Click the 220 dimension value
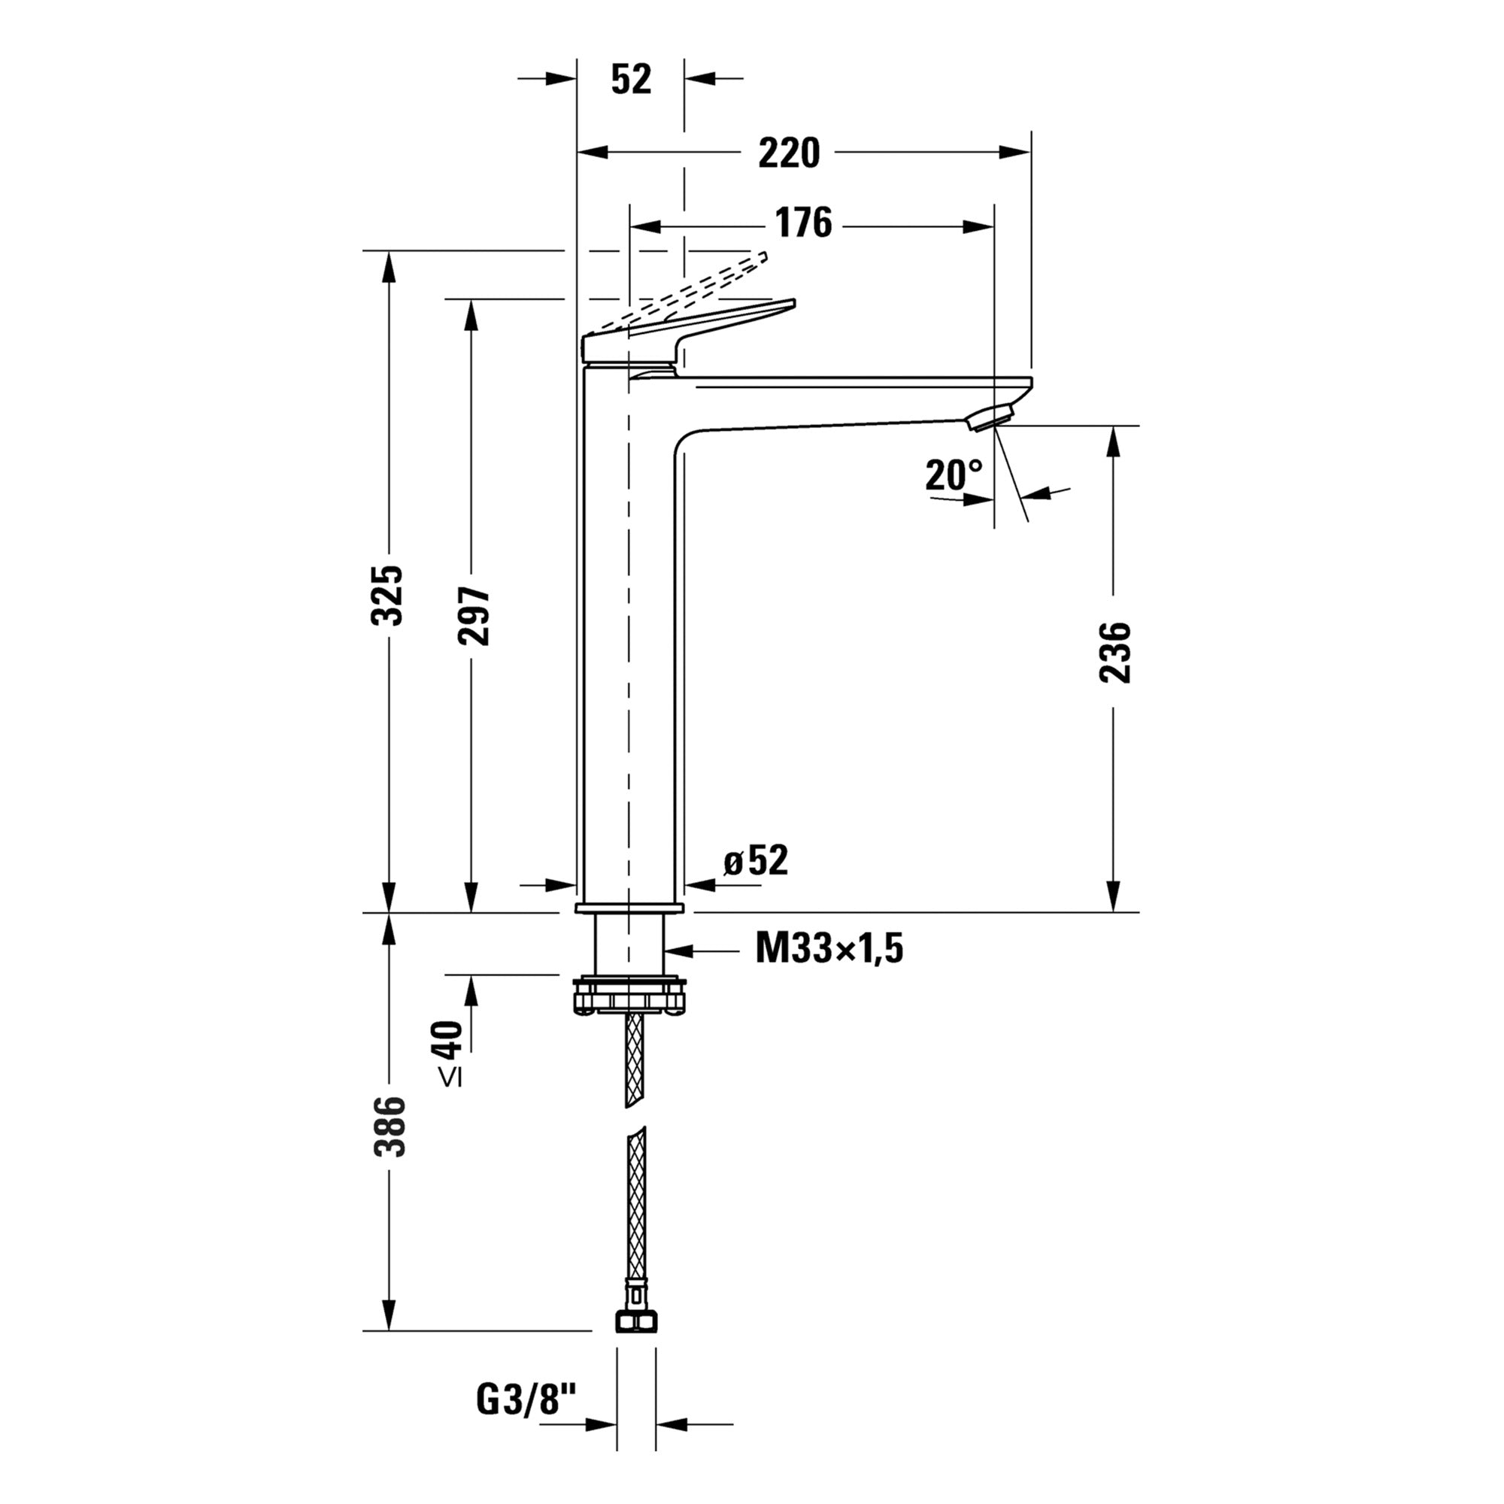[789, 153]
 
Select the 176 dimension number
[803, 223]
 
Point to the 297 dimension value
[472, 616]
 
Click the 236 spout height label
[1114, 652]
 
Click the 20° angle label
[954, 474]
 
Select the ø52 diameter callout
[755, 861]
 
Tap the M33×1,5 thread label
[828, 949]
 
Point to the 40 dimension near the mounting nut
[449, 1039]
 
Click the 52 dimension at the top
[631, 80]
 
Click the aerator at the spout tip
[990, 416]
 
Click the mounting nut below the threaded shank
[629, 997]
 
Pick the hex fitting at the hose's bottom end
[636, 1321]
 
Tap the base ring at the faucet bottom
[629, 908]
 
